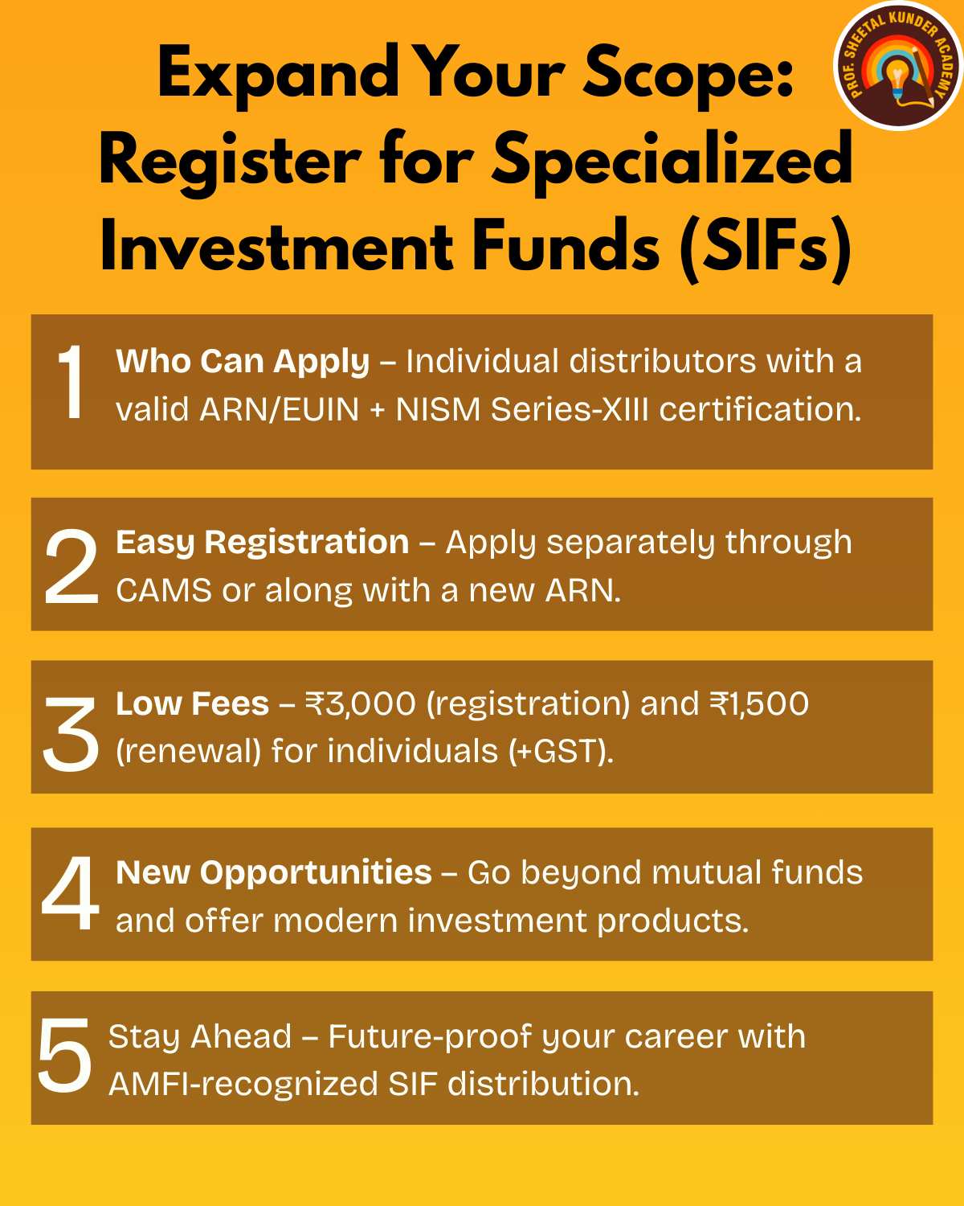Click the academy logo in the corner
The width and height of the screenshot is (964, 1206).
click(898, 65)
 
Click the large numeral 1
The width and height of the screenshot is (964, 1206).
click(71, 381)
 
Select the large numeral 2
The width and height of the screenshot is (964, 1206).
click(71, 566)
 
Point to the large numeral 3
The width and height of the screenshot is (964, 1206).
click(71, 733)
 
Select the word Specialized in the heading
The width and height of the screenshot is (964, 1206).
click(672, 162)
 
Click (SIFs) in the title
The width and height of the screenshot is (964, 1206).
click(766, 248)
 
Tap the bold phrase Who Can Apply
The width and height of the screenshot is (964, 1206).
click(243, 362)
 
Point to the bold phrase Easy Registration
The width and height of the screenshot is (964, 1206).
click(262, 544)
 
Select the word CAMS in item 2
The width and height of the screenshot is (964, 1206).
click(164, 591)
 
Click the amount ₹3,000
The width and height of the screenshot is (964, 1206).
click(360, 703)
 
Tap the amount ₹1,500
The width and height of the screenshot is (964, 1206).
click(759, 703)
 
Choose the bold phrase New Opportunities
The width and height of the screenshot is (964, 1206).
click(274, 873)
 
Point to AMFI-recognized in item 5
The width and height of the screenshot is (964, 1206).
click(243, 1085)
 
